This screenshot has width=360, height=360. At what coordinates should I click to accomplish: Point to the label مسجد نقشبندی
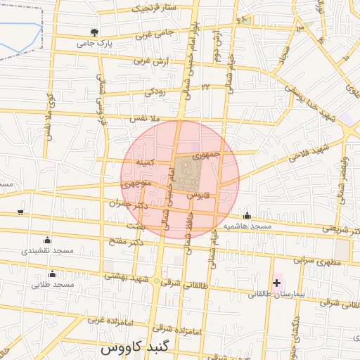[x=47, y=251]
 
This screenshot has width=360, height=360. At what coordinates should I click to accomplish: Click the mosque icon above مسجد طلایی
[x=52, y=274]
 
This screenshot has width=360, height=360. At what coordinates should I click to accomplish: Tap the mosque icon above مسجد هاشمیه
[x=247, y=216]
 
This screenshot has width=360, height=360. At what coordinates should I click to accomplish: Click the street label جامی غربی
[x=154, y=34]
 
